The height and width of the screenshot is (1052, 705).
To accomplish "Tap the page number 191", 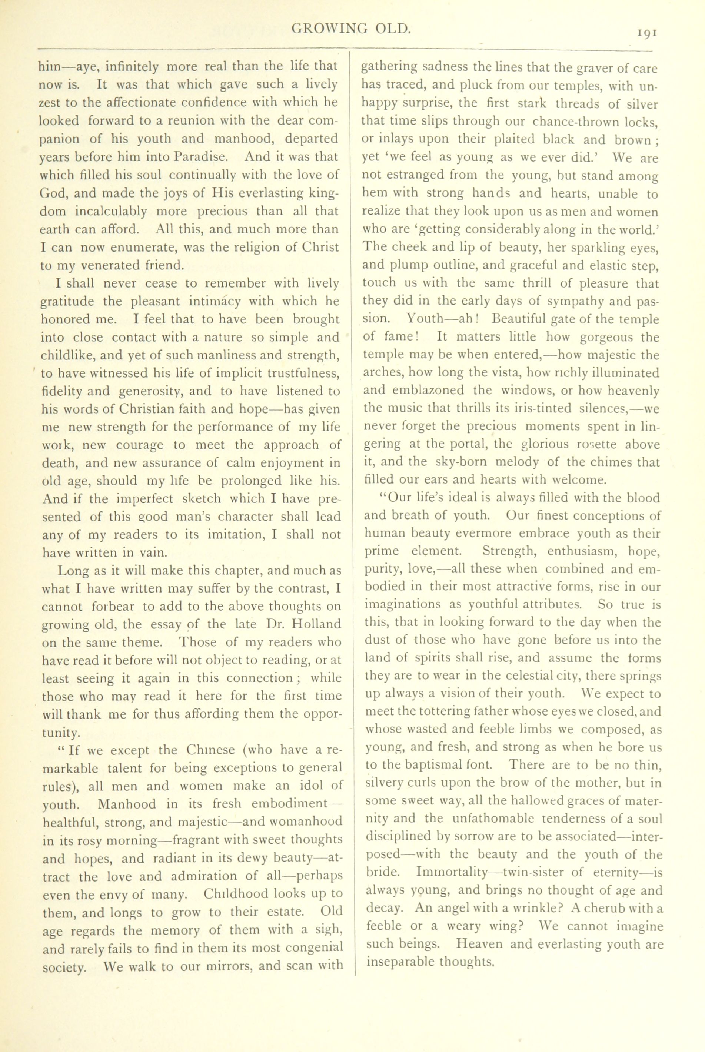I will point(648,33).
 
